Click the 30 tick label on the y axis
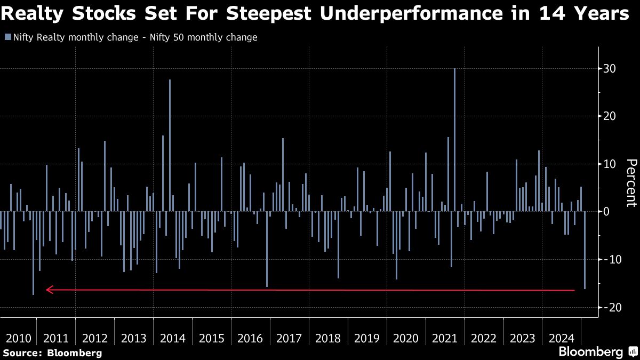610,69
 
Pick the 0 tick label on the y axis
606,212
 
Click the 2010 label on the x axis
17,338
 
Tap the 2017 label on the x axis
289,338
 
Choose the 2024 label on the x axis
561,338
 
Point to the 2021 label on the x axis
445,338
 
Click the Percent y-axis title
631,183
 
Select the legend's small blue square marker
7,37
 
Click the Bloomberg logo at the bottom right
590,352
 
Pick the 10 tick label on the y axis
610,164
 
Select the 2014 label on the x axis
172,338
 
